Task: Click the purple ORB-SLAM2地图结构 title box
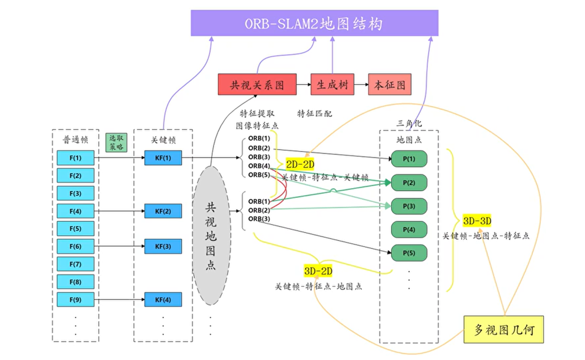(314, 23)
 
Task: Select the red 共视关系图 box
(257, 84)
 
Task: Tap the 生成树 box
(332, 84)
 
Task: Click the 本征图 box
(390, 84)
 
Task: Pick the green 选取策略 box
(116, 142)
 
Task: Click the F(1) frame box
(75, 158)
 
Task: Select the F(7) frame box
(75, 264)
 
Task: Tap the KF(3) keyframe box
(163, 246)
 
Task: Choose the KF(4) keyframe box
(163, 300)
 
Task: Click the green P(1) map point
(409, 159)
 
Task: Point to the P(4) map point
(409, 230)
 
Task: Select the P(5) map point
(409, 253)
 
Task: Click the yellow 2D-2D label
(300, 164)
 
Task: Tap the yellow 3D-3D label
(477, 221)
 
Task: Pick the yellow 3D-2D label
(318, 271)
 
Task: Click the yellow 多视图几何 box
(504, 330)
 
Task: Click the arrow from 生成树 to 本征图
(361, 84)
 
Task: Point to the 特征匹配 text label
(314, 114)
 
